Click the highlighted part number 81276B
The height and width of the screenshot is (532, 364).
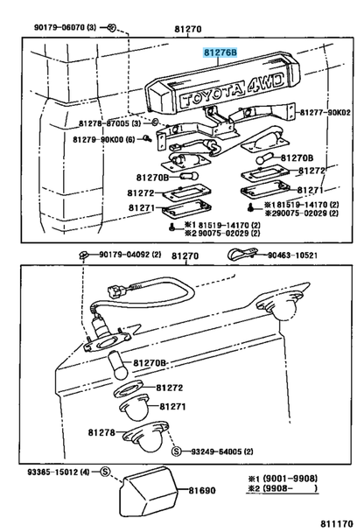(x=220, y=52)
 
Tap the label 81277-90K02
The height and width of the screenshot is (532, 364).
(x=325, y=112)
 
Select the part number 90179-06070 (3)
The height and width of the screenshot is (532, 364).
(x=65, y=27)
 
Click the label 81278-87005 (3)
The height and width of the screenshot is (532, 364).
(x=109, y=123)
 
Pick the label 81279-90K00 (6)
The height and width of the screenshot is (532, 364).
(x=104, y=139)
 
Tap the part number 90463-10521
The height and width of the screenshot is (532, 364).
(x=293, y=255)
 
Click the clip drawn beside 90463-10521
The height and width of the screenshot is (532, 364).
(x=243, y=254)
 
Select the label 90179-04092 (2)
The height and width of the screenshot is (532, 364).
(x=130, y=254)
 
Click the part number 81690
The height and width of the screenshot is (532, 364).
(x=202, y=490)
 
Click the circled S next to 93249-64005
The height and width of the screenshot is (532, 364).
(x=177, y=451)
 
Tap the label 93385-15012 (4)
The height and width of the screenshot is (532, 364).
(x=59, y=472)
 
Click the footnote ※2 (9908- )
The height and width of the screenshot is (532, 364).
(x=283, y=488)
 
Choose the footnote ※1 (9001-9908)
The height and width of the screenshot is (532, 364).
(x=283, y=479)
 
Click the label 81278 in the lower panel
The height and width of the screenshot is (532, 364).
(x=101, y=432)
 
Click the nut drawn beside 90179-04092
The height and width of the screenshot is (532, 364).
(x=83, y=254)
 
